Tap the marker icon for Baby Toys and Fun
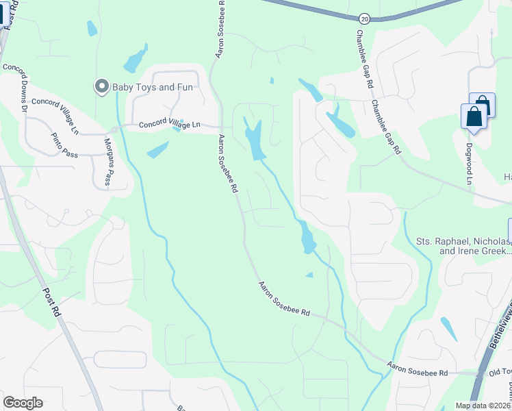coord(102,86)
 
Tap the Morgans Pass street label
coord(107,162)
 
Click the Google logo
coord(23,403)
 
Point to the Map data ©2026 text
coord(483,406)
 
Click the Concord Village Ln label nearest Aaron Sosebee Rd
coord(169,125)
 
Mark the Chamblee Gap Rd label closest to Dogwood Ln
coord(385,127)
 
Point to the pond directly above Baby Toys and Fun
coord(135,60)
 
